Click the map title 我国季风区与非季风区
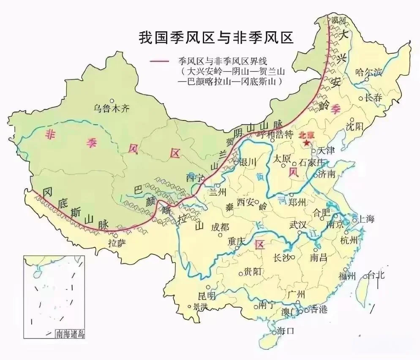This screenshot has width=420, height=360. tap(216, 37)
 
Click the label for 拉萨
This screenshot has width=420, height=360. tap(117, 243)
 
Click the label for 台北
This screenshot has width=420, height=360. tap(376, 275)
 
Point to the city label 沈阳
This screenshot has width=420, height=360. tap(354, 126)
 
